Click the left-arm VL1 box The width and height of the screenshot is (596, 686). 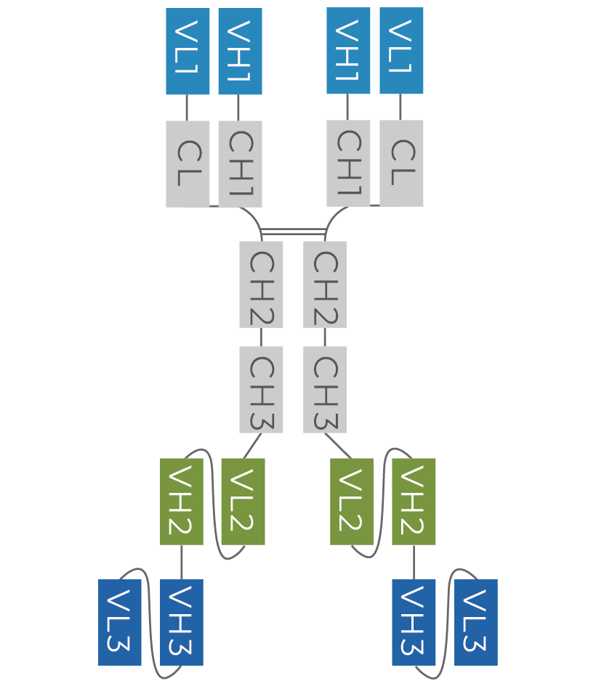pos(188,52)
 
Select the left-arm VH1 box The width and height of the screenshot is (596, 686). pos(240,52)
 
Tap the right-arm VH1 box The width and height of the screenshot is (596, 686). pos(348,51)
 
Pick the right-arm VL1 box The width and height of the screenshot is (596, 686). pos(401,51)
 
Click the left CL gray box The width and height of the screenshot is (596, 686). pos(188,164)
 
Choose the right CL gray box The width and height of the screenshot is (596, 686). pos(401,163)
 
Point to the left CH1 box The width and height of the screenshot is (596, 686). pos(240,164)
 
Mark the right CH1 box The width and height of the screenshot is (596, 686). pos(348,163)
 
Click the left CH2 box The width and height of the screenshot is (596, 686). pos(261,285)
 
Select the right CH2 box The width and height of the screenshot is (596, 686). pos(324,285)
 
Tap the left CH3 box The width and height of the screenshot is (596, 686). pos(261,390)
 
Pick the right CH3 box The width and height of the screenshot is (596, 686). pos(324,390)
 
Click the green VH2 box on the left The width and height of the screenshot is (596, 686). pos(181,502)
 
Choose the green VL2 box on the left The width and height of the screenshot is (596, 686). pos(243,502)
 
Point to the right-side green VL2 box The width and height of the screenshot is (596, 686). pos(351,502)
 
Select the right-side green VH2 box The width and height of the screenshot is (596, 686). pos(414,502)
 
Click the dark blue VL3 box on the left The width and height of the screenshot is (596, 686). pos(120,622)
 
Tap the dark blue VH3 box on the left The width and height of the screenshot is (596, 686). pos(181,622)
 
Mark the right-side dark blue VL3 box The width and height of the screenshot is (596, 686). pos(475,622)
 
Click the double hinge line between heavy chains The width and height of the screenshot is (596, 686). pos(293,232)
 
